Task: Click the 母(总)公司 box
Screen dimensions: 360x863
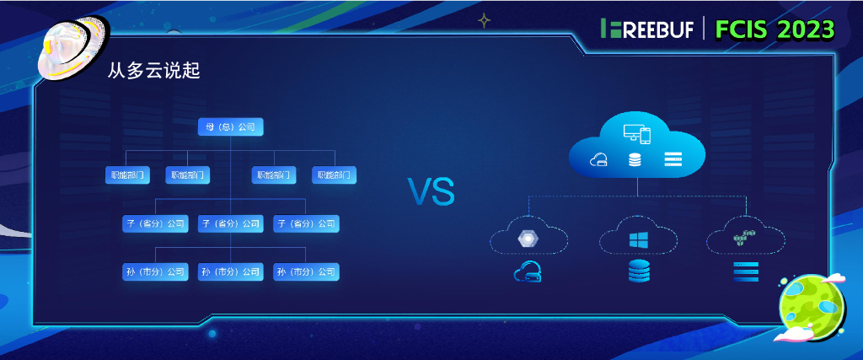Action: pos(230,127)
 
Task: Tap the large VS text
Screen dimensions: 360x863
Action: pos(431,192)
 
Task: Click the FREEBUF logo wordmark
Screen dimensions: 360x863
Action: pos(647,29)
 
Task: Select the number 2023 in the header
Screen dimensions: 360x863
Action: pos(805,30)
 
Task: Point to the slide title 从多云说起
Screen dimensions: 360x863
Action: pos(153,72)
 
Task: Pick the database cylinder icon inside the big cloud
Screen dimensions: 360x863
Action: pos(634,159)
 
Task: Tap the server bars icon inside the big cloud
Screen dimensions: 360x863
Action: pos(673,159)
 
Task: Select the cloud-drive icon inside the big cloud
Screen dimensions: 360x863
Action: pos(598,160)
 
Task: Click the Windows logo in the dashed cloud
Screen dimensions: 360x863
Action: pos(637,239)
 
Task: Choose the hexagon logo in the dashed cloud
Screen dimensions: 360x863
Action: pos(528,239)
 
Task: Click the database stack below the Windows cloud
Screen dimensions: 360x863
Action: pos(638,271)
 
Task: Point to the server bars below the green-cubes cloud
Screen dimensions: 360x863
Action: pos(745,271)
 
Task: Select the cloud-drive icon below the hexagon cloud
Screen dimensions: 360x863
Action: pos(528,271)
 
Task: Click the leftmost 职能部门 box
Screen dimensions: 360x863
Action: pos(128,175)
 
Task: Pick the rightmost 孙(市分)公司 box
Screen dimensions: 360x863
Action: pos(306,272)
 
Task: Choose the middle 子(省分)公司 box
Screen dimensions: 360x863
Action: pos(230,224)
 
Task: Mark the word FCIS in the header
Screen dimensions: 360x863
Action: pos(742,30)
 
